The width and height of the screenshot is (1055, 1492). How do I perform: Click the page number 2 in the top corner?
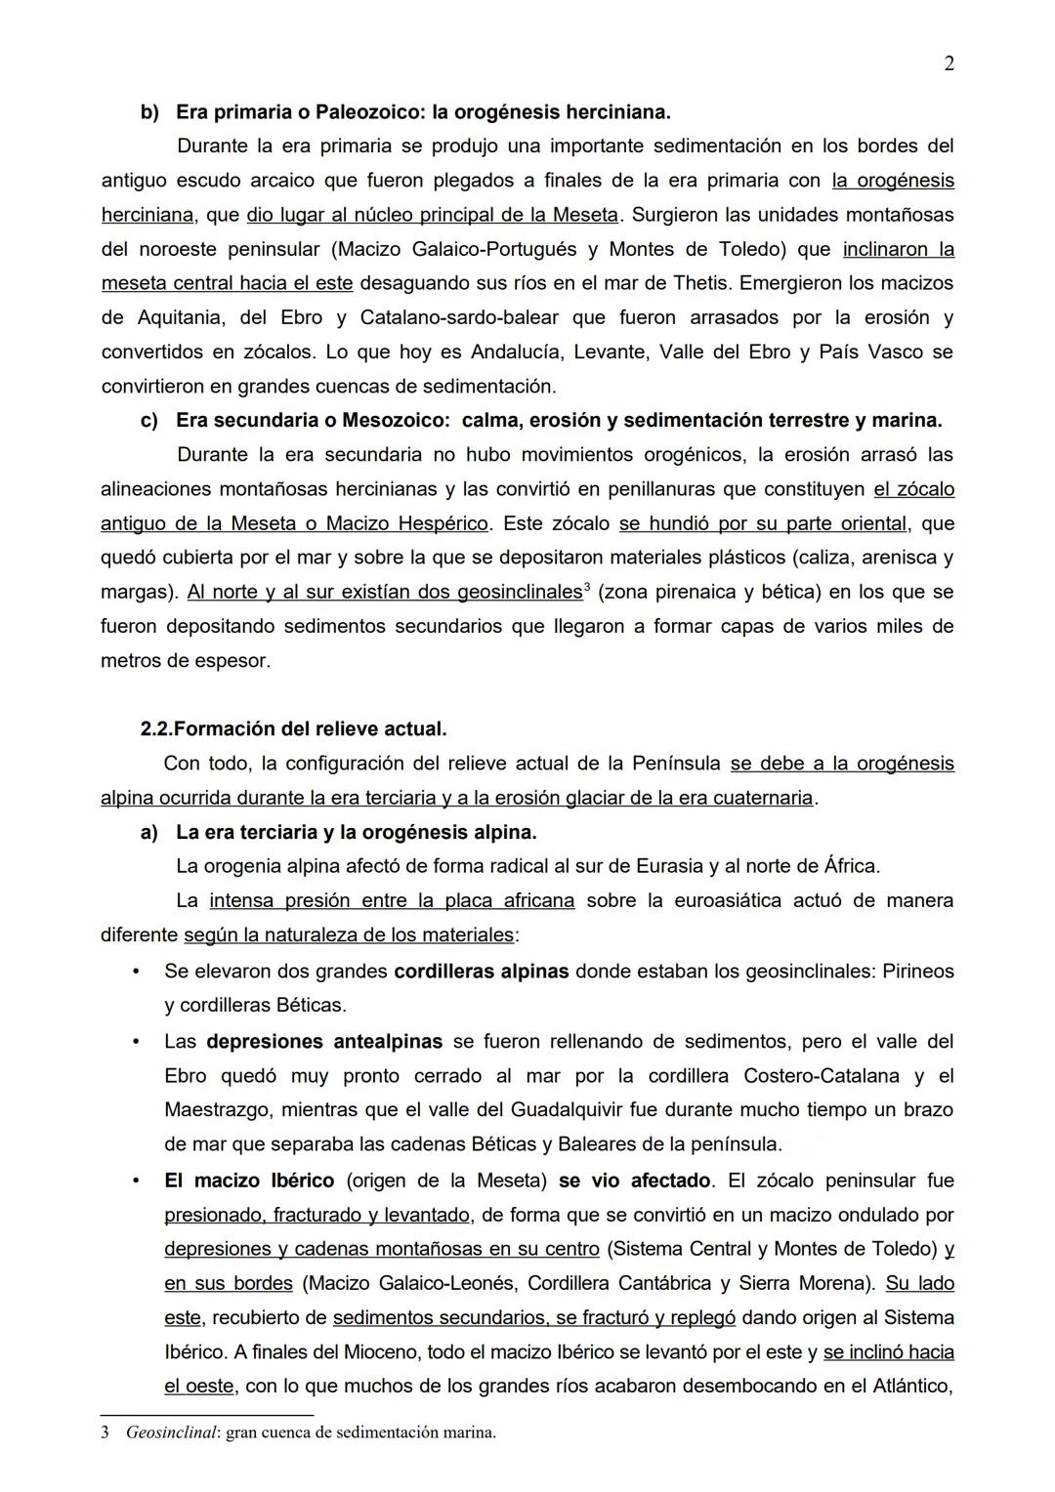tap(949, 64)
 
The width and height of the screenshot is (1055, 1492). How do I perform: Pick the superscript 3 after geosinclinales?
tap(586, 587)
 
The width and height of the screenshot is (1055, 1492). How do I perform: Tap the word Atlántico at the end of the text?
tap(906, 1387)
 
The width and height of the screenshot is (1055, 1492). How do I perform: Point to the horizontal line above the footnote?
tap(206, 1415)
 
